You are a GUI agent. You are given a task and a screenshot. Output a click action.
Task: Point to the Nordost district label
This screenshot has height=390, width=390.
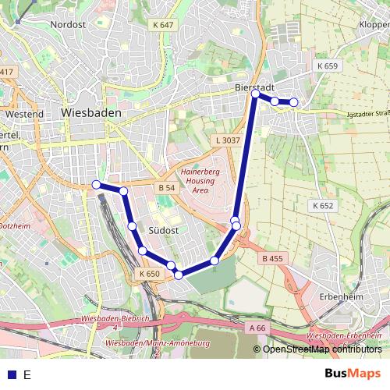[67, 24]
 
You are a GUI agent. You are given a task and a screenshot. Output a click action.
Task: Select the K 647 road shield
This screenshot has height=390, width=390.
[164, 25]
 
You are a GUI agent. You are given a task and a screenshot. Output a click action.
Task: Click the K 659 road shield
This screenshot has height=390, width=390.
[328, 66]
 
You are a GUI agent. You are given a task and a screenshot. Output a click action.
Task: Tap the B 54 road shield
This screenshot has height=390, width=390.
[165, 188]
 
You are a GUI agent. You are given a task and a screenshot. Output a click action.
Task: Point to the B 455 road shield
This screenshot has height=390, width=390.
[272, 258]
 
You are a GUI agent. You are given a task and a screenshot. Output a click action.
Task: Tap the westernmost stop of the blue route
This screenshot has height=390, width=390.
[96, 185]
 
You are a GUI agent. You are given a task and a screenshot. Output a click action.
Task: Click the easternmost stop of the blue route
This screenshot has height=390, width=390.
[294, 102]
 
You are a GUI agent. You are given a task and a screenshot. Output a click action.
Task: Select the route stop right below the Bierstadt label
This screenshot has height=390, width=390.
[256, 94]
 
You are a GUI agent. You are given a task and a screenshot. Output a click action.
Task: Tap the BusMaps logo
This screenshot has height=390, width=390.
[353, 374]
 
